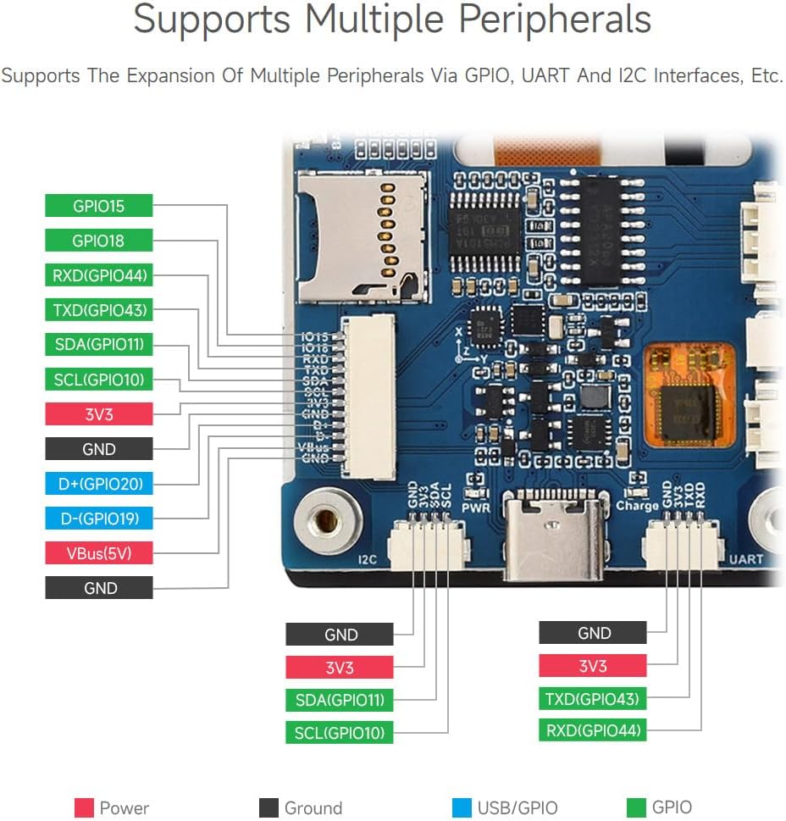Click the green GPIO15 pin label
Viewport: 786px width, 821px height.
tap(98, 206)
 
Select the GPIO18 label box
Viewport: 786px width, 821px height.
tap(98, 241)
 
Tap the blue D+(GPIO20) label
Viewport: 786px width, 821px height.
tap(98, 484)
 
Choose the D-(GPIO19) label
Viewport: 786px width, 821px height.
tap(98, 519)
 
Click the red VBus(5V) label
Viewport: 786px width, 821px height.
tap(98, 553)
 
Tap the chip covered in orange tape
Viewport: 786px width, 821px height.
tap(689, 395)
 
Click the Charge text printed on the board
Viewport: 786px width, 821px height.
tap(637, 506)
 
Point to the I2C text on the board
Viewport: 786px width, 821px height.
tap(368, 559)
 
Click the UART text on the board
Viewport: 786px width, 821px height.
tap(745, 559)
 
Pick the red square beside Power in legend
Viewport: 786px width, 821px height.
tap(84, 807)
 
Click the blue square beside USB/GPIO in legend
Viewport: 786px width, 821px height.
tap(462, 807)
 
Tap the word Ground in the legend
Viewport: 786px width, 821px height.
tap(313, 808)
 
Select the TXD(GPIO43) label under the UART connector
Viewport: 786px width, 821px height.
tap(592, 699)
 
